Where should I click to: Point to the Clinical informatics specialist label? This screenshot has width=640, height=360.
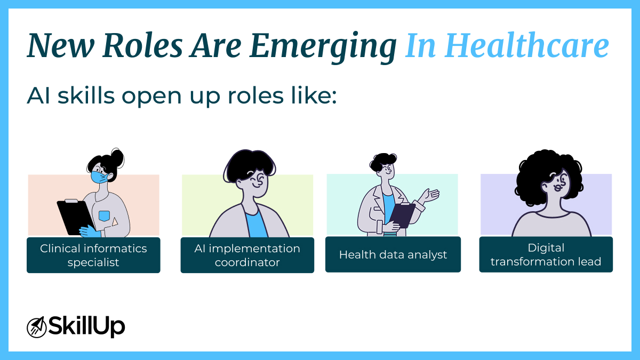pyautogui.click(x=93, y=255)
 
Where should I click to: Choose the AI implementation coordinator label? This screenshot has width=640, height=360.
pyautogui.click(x=247, y=255)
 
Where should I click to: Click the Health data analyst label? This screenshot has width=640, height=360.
pyautogui.click(x=393, y=254)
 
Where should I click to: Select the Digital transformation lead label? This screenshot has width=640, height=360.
pyautogui.click(x=546, y=254)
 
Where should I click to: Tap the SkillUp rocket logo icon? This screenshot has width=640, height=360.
pyautogui.click(x=36, y=326)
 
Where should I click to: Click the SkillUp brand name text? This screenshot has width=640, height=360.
pyautogui.click(x=86, y=326)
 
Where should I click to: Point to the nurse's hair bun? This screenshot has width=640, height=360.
pyautogui.click(x=117, y=157)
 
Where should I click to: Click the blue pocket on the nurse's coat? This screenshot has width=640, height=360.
pyautogui.click(x=104, y=216)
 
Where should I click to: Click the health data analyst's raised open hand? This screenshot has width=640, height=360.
pyautogui.click(x=431, y=195)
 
